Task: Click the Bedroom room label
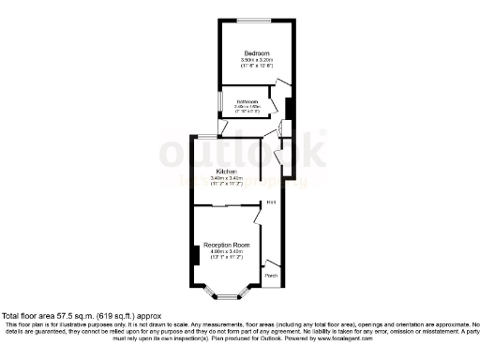pyautogui.click(x=256, y=52)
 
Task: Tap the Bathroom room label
pyautogui.click(x=247, y=101)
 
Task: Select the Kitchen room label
pyautogui.click(x=226, y=172)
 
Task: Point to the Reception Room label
pyautogui.click(x=226, y=244)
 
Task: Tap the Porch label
pyautogui.click(x=271, y=276)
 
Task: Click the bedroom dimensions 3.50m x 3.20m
pyautogui.click(x=256, y=61)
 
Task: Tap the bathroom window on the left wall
pyautogui.click(x=221, y=100)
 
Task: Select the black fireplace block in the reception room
pyautogui.click(x=194, y=254)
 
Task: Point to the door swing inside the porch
pyautogui.click(x=271, y=263)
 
